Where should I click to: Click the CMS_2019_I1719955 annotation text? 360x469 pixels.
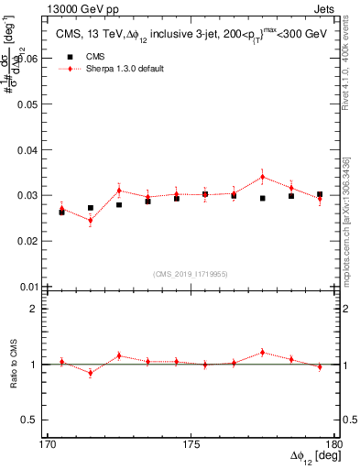191,273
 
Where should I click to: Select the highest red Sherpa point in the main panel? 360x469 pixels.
263,177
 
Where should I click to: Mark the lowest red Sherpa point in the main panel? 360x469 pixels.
91,221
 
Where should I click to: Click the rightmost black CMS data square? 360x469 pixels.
320,195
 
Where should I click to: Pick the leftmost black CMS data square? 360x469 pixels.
61,212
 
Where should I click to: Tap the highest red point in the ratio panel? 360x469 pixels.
263,352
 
